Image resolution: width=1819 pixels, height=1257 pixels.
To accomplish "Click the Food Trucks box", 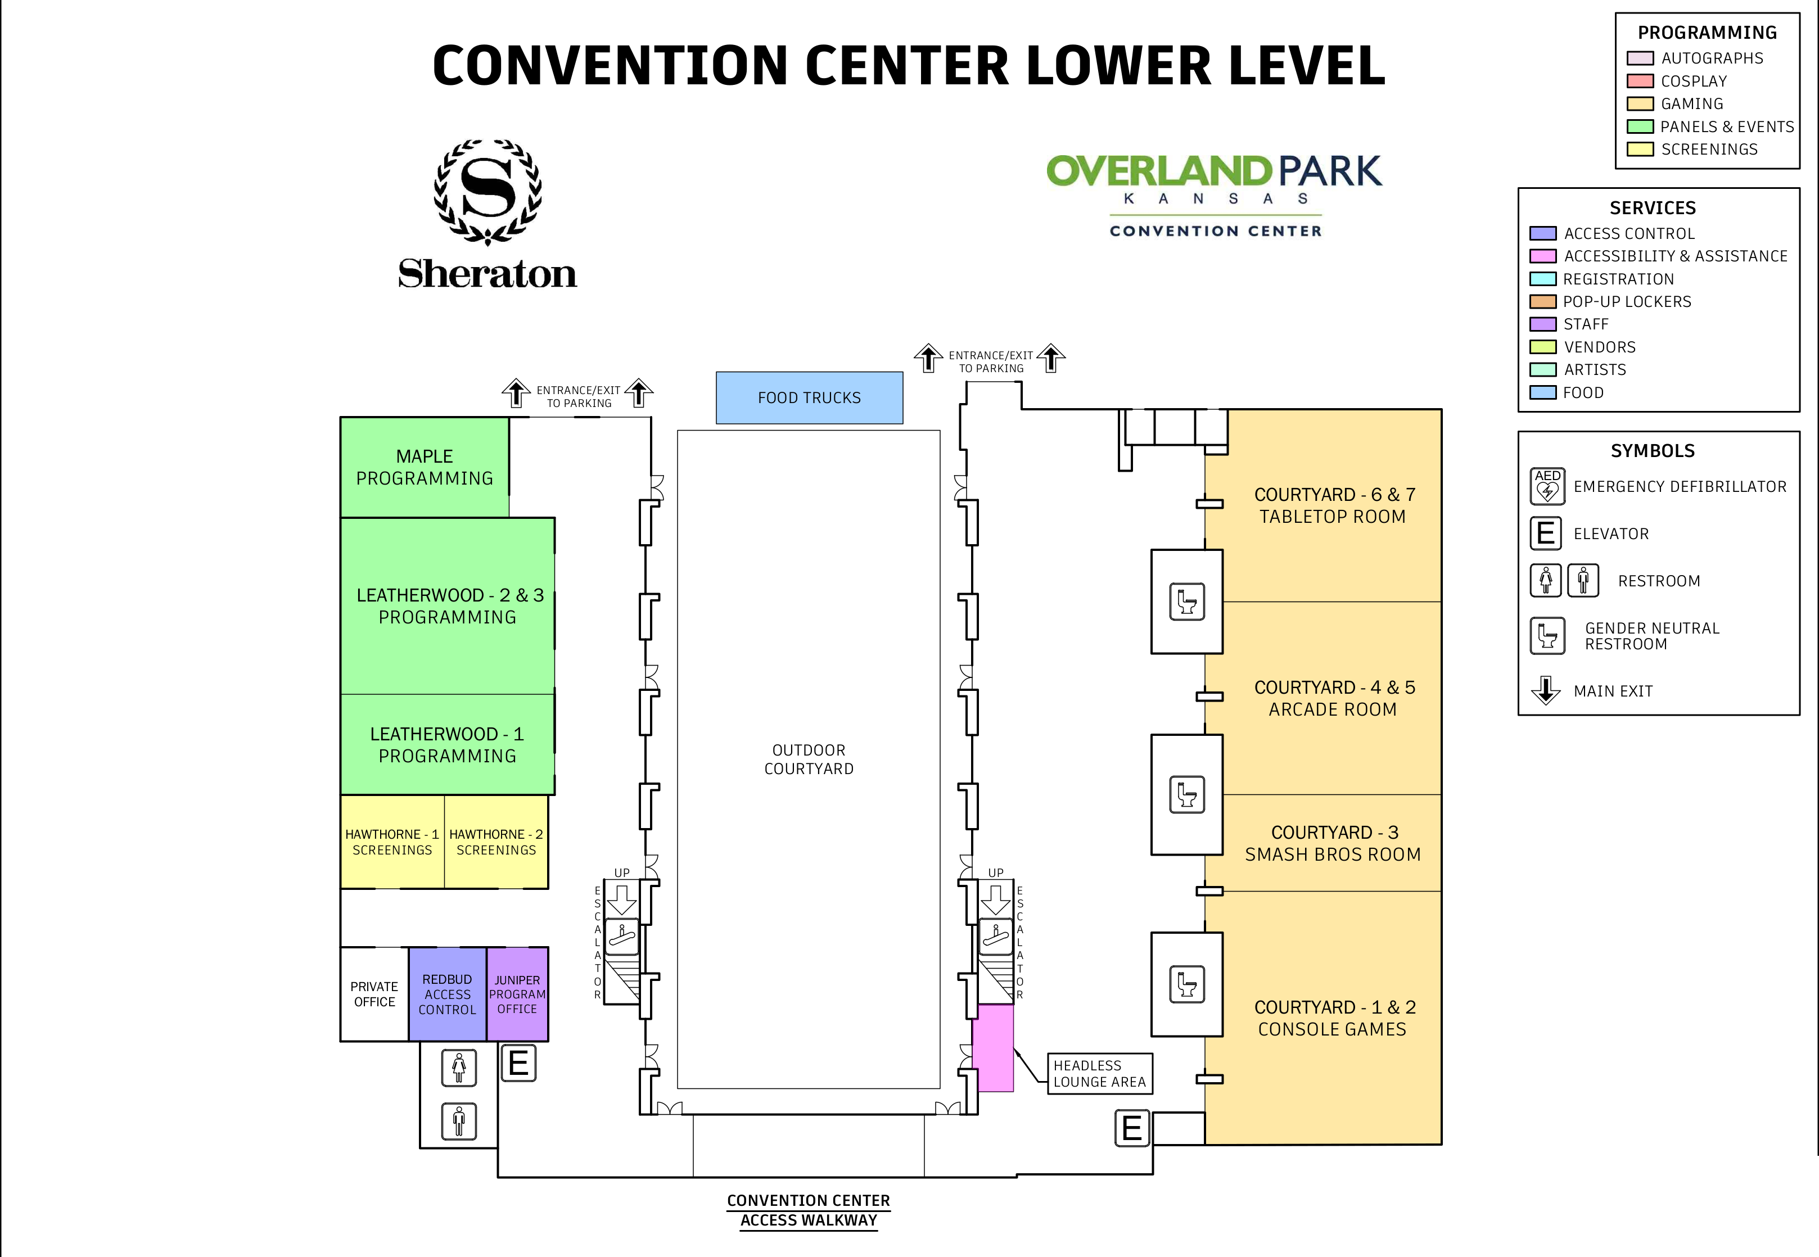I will point(809,398).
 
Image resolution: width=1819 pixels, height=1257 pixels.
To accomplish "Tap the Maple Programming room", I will point(425,467).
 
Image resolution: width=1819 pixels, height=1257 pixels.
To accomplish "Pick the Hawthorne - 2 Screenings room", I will point(496,842).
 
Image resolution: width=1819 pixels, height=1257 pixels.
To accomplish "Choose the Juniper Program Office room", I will point(517,994).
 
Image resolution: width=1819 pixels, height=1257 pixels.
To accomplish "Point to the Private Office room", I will point(374,994).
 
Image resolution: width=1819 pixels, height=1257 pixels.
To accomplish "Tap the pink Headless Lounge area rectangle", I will point(995,1047).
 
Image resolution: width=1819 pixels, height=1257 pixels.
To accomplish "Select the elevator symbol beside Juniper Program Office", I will point(518,1063).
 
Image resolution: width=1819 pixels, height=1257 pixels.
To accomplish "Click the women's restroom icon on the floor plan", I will point(459,1068).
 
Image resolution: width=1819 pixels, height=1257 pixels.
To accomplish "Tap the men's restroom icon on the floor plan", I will point(459,1121).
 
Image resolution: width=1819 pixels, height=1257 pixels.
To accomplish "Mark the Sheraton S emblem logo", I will point(488,191).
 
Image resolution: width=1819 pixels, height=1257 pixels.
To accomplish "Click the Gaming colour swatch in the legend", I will point(1640,104).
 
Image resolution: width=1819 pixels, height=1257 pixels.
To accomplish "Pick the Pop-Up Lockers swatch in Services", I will point(1542,302).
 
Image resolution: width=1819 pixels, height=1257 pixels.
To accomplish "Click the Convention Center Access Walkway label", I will point(808,1210).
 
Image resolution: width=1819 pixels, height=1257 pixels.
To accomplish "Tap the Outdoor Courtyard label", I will point(808,759).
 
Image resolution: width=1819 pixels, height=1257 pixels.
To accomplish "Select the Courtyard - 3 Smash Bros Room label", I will point(1332,843).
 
